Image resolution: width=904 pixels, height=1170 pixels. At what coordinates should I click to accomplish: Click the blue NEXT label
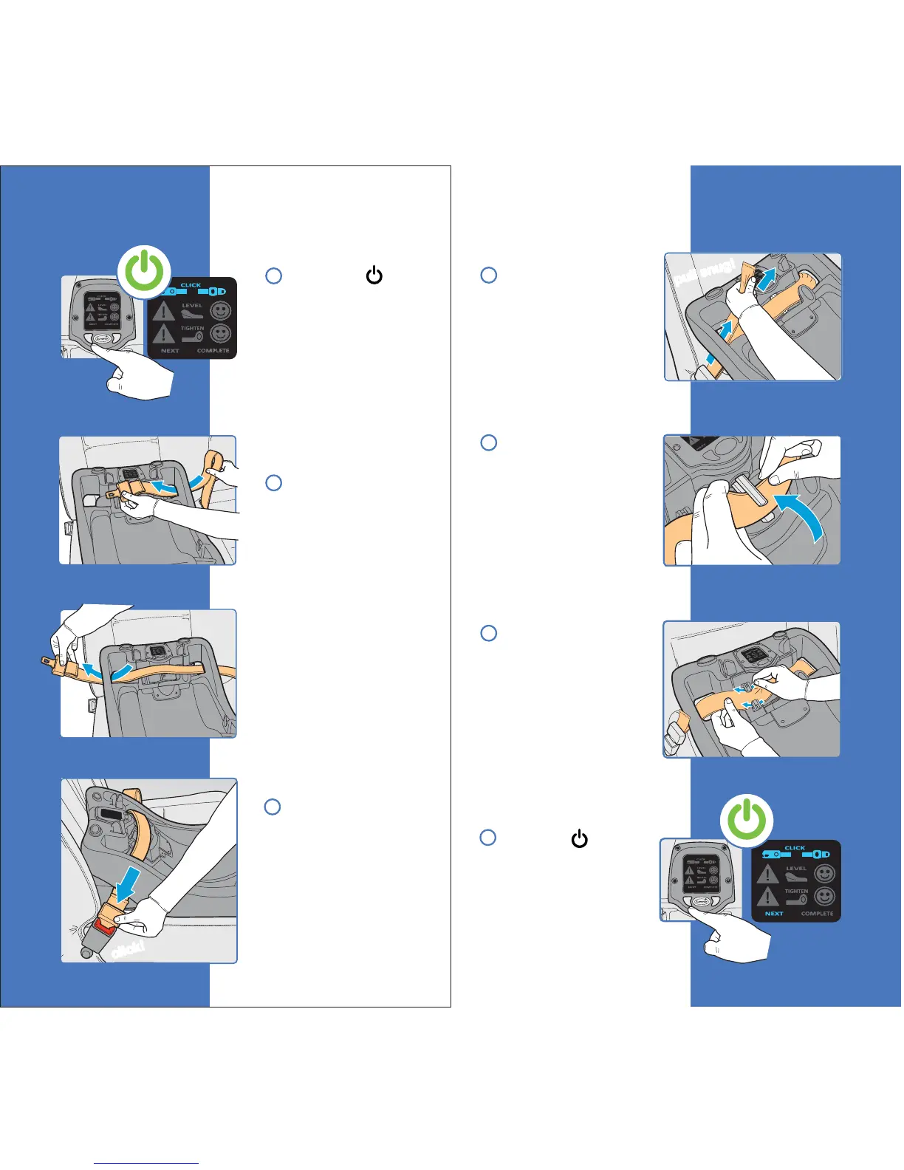(773, 914)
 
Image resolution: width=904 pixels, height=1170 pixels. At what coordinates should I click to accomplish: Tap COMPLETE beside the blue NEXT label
(817, 914)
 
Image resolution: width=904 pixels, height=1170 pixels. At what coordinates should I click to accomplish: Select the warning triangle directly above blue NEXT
(768, 897)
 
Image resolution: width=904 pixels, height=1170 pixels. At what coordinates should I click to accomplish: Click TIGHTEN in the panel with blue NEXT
(795, 892)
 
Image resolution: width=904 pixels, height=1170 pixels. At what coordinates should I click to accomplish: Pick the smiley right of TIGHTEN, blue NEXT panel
(824, 897)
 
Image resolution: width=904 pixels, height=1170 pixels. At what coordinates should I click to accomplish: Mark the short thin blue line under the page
(146, 1164)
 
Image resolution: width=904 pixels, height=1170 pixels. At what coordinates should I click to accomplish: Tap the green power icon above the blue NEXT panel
(747, 820)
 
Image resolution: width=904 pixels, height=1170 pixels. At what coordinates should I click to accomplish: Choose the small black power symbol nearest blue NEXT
(579, 839)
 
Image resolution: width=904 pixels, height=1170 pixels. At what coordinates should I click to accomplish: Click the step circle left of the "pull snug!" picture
(488, 275)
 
